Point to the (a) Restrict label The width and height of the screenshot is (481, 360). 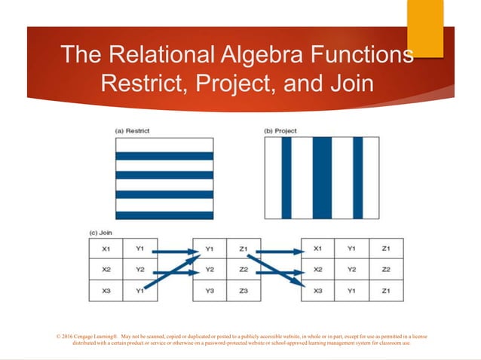pos(132,131)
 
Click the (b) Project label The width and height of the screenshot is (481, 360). pos(280,131)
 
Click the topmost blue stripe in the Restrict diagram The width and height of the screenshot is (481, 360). pos(164,156)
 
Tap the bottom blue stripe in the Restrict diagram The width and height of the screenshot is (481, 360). pos(164,215)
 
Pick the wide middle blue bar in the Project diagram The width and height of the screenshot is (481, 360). pos(322,178)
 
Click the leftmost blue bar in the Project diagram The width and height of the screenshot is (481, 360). pos(286,178)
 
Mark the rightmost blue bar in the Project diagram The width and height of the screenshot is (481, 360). pos(357,178)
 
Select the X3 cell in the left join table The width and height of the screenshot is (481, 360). pos(106,291)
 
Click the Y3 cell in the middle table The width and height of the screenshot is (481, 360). pos(210,291)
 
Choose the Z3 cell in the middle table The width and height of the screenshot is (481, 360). pos(244,291)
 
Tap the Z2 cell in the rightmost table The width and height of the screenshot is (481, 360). pos(386,269)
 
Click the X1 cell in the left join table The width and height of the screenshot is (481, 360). pos(106,248)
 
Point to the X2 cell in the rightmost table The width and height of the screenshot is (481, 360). pos(318,269)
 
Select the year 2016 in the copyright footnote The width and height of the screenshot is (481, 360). pos(72,335)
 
